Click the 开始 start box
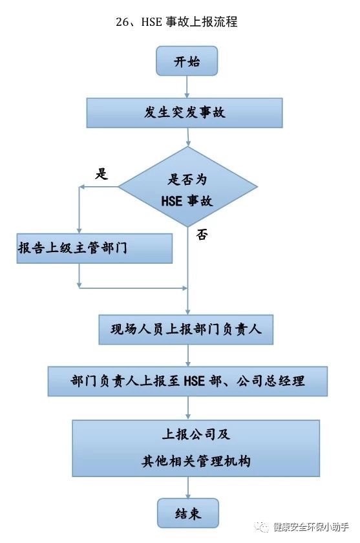coord(187,61)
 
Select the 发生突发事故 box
coord(184,113)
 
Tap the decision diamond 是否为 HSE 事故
coord(188,187)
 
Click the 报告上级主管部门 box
coord(94,248)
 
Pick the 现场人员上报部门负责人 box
coord(186,330)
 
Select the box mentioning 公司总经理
coord(187,381)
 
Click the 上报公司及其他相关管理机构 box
coord(196,449)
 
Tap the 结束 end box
coord(188,513)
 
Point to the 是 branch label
coord(101,173)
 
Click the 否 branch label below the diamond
coord(202,235)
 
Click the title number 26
coord(122,22)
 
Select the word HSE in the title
coord(152,22)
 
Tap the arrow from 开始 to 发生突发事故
coord(187,87)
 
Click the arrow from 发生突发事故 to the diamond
coord(188,137)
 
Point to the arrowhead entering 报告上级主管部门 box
coord(79,231)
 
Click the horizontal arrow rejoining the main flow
coord(133,288)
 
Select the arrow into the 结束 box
coord(188,487)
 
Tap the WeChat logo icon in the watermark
coord(262,527)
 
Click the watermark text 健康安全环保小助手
coord(310,527)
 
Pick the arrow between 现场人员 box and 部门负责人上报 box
coord(188,356)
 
